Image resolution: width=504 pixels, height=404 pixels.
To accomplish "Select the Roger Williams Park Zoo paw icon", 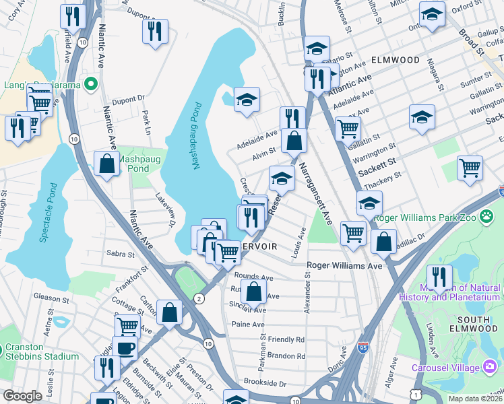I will (487, 217).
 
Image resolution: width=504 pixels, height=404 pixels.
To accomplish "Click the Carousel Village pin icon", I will (490, 366).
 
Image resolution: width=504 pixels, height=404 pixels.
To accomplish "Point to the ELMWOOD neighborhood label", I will (395, 60).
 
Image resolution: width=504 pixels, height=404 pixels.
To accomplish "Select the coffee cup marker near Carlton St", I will (125, 347).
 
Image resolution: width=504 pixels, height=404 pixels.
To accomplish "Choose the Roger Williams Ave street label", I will (344, 266).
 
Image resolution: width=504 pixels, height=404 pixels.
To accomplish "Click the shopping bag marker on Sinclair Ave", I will (254, 292).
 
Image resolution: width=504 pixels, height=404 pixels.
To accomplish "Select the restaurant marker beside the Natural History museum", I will (439, 275).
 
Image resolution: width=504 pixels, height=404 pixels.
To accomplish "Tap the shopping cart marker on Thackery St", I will (470, 168).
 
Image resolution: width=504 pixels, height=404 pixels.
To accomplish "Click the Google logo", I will (23, 396).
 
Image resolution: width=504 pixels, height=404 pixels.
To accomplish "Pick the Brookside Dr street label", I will (265, 384).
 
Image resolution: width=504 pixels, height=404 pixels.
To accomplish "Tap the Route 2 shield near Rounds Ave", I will (199, 298).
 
